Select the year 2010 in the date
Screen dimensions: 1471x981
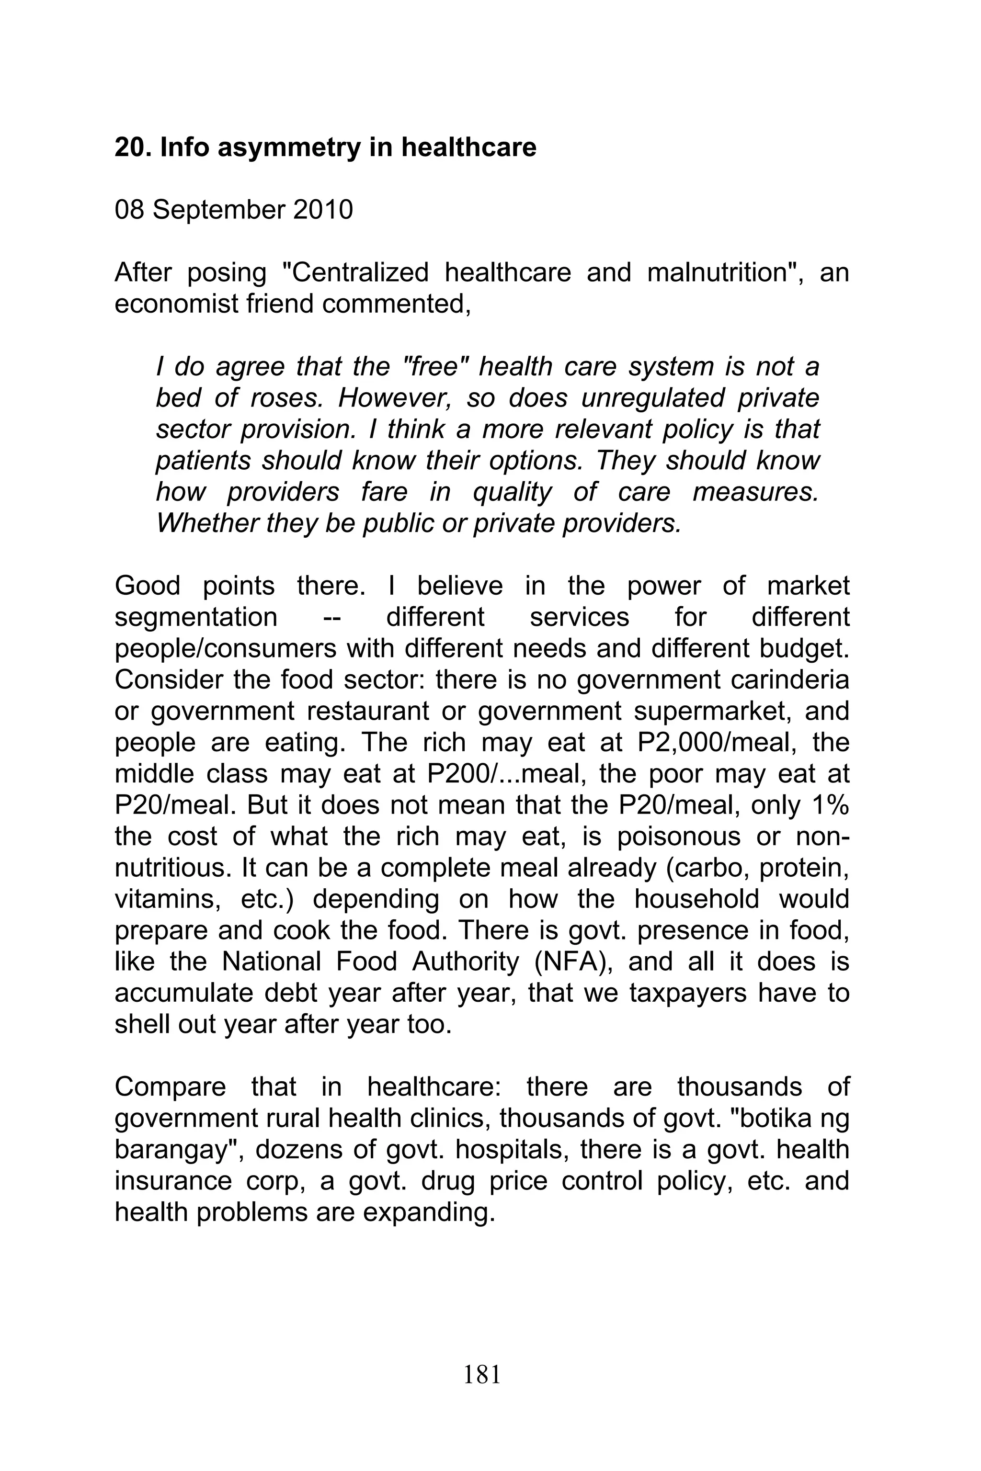coord(322,210)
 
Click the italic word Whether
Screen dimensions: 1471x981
coord(206,523)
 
